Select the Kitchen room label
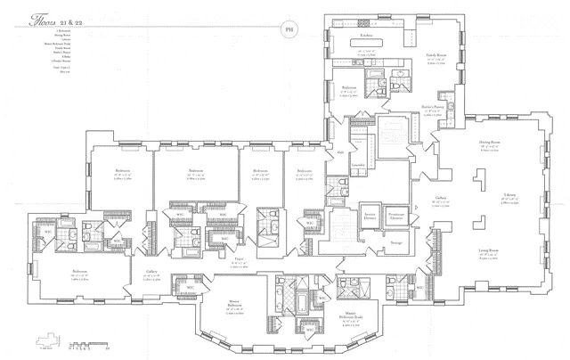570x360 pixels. (366, 36)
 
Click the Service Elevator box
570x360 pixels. (343, 217)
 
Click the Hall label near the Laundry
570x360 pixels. (328, 152)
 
